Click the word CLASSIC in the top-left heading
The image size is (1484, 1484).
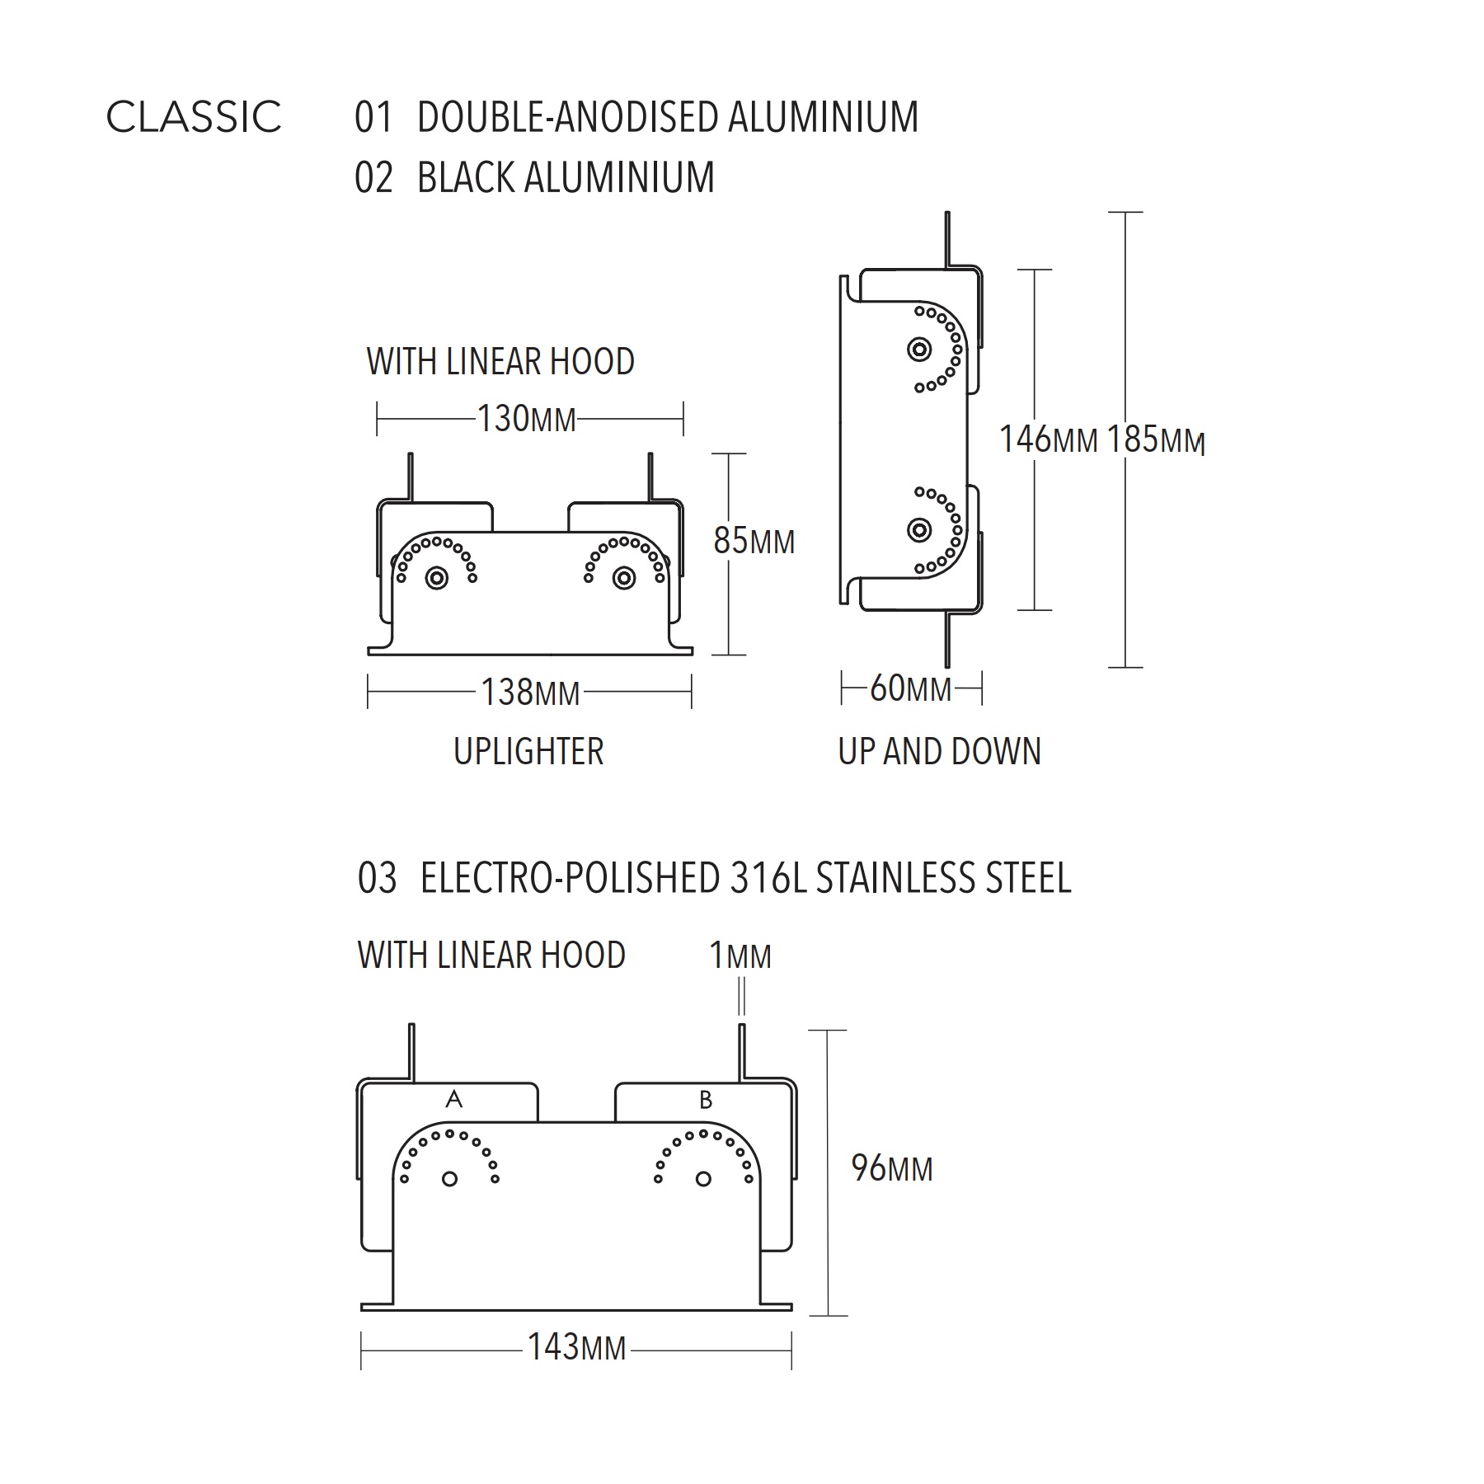(194, 116)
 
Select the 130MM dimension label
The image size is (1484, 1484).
(527, 419)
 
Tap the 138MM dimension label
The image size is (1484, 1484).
(531, 693)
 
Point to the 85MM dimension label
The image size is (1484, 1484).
(754, 542)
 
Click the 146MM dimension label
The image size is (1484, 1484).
(1049, 439)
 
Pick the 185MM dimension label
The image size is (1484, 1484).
(1156, 439)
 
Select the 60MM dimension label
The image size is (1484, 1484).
(911, 688)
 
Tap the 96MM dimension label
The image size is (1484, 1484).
(892, 1169)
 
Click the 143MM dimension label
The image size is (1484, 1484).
(577, 1347)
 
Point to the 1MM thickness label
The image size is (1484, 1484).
(740, 956)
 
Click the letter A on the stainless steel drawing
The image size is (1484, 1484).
(453, 1099)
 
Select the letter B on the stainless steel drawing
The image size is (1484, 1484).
(706, 1100)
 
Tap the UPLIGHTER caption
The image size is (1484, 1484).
(528, 752)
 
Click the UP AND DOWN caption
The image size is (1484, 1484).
(940, 752)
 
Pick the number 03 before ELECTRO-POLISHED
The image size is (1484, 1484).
(377, 879)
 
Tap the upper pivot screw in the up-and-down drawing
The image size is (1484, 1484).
(919, 350)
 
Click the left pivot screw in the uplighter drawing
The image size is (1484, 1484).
(437, 578)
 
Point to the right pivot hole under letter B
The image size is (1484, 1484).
(703, 1179)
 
